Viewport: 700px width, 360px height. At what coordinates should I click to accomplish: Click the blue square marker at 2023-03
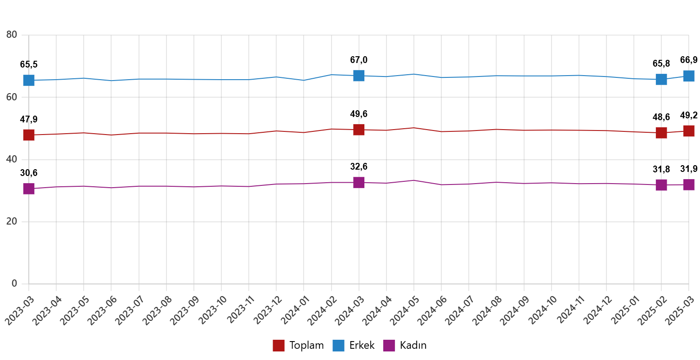click(x=29, y=80)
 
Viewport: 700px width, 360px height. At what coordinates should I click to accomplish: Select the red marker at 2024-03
click(x=359, y=130)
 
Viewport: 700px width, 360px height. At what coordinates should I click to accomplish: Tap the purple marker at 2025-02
click(x=661, y=184)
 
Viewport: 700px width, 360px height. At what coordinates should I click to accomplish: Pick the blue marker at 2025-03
click(x=689, y=76)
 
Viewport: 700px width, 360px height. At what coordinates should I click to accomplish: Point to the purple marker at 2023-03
click(x=29, y=189)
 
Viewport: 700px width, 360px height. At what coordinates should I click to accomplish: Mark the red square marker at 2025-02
click(x=661, y=133)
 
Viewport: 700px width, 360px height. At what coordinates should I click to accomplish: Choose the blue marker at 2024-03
click(x=359, y=75)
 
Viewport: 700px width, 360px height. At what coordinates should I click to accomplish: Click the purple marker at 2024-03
click(x=359, y=182)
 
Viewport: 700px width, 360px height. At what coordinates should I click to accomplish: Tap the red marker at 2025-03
click(x=689, y=131)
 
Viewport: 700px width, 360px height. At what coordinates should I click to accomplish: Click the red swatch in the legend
click(x=278, y=346)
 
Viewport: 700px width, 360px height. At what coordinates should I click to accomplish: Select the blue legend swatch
click(x=338, y=346)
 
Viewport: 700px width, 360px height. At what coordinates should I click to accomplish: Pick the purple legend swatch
click(x=389, y=346)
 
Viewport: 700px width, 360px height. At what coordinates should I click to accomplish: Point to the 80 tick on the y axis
click(x=11, y=35)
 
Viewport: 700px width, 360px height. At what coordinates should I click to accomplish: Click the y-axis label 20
click(x=11, y=221)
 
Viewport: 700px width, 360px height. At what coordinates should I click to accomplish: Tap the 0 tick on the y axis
click(x=14, y=283)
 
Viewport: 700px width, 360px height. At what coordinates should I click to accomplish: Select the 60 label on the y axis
click(x=11, y=97)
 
